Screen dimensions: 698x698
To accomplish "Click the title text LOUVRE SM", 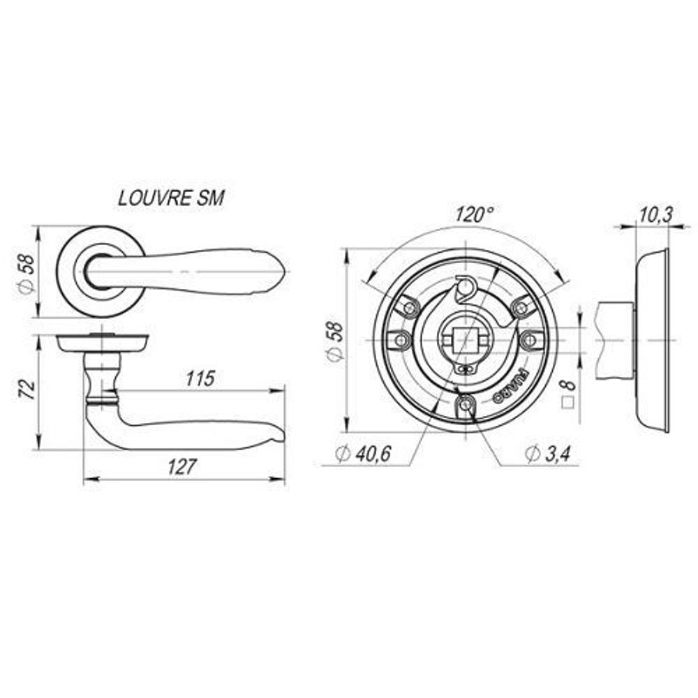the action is (x=172, y=198).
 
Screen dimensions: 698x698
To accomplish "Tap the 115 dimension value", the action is (x=200, y=378).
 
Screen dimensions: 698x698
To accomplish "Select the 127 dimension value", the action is (x=181, y=466).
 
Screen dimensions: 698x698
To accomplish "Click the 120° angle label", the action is (x=475, y=215).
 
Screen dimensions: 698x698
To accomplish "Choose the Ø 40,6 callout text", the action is (x=364, y=454).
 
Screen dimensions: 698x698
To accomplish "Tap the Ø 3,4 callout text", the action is (x=547, y=454).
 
